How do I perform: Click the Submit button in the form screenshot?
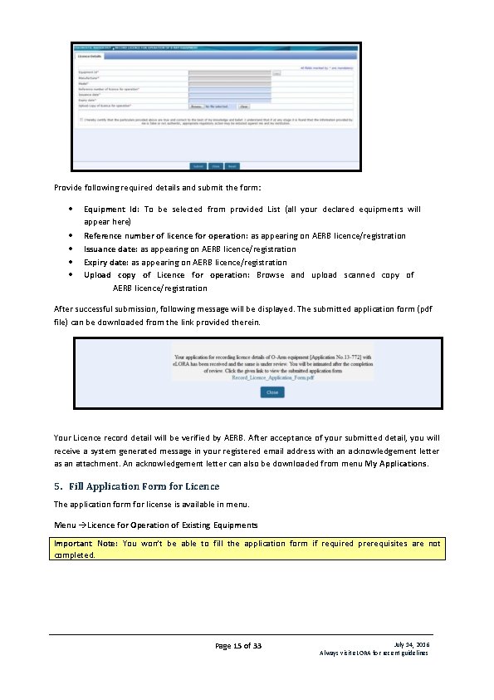point(198,165)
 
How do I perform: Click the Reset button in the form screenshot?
point(232,165)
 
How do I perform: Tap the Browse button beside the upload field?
point(196,106)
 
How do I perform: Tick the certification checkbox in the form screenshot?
point(81,119)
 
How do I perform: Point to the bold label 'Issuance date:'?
point(110,249)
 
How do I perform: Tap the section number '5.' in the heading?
point(57,486)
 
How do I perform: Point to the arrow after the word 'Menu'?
point(83,525)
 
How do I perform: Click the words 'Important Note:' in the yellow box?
point(84,544)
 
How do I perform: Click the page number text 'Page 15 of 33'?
point(238,646)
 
